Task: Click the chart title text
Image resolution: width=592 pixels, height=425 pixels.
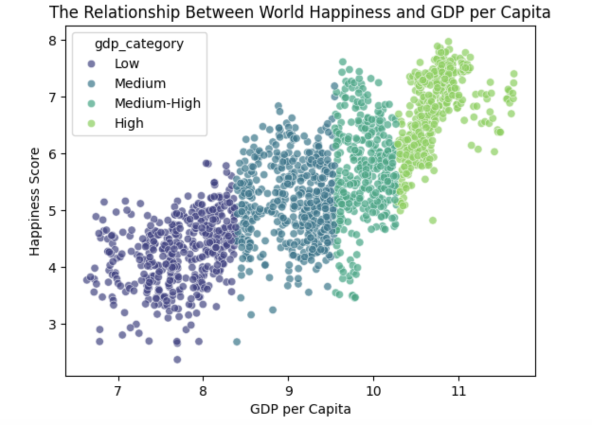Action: tap(300, 12)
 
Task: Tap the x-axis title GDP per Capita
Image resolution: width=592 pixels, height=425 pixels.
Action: tap(300, 410)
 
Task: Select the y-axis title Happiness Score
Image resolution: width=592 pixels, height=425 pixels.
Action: tap(35, 202)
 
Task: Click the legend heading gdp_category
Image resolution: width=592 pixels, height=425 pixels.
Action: tap(139, 44)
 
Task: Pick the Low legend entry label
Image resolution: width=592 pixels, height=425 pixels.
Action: tap(127, 64)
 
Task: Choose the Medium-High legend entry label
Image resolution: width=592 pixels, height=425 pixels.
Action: tap(158, 103)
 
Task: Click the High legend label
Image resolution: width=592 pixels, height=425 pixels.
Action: tap(129, 124)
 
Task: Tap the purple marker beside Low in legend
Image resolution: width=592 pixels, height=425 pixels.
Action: tap(91, 64)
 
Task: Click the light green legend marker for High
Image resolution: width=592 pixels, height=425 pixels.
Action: tap(91, 124)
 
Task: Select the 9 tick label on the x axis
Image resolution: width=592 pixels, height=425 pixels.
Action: tap(288, 391)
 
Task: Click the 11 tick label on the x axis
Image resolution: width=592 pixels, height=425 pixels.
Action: tap(458, 391)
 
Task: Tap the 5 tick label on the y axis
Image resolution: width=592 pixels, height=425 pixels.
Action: tap(53, 211)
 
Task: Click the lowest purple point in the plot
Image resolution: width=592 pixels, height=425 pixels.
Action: tap(177, 360)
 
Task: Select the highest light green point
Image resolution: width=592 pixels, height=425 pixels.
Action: tap(448, 42)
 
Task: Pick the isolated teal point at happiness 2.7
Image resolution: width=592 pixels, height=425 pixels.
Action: tap(237, 342)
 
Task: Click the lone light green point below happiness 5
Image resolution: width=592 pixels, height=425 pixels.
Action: tap(433, 220)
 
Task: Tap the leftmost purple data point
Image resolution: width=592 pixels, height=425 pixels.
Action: tap(86, 280)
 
